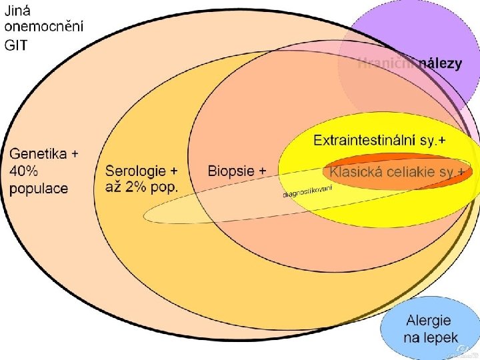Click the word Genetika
[38, 154]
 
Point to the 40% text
[23, 171]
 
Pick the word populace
[39, 189]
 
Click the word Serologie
[137, 171]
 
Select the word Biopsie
[231, 171]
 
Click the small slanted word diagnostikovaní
[307, 192]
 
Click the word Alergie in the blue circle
[429, 321]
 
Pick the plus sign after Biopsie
[262, 171]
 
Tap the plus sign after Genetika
[75, 154]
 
